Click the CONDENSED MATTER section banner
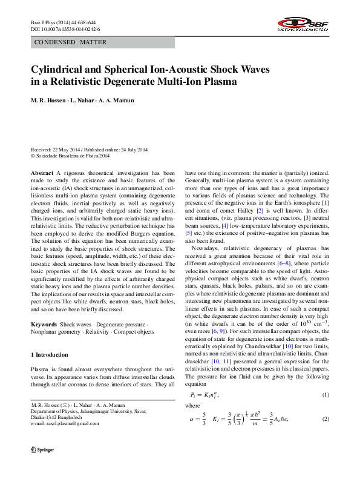pyautogui.click(x=70, y=42)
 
